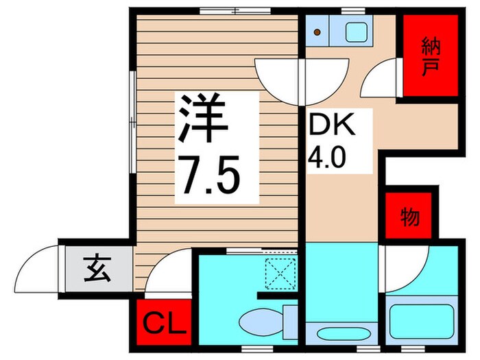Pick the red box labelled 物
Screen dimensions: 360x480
[x=409, y=218]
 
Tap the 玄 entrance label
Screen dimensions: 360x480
[x=97, y=269]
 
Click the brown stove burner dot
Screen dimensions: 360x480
[x=317, y=32]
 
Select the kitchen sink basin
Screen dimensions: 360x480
[x=356, y=32]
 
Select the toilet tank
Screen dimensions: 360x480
[x=289, y=321]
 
